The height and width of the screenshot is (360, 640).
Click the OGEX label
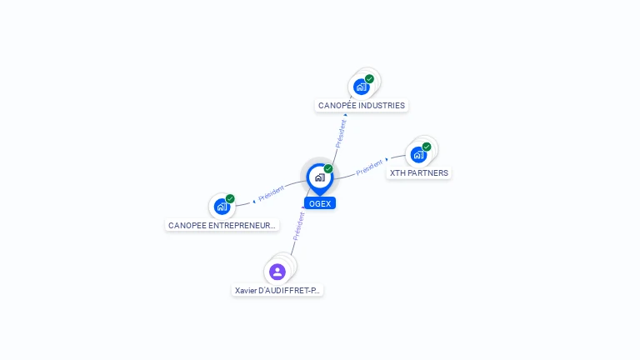tap(320, 203)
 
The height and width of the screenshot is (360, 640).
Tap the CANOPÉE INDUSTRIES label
tap(362, 105)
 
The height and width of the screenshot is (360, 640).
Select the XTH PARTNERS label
tap(419, 173)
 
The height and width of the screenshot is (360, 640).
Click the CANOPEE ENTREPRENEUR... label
tap(222, 225)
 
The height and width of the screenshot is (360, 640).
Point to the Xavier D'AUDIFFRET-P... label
tap(277, 290)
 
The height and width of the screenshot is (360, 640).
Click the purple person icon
tap(277, 272)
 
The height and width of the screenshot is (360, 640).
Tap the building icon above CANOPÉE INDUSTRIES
tap(361, 87)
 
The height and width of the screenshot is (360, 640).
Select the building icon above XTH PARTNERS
tap(418, 155)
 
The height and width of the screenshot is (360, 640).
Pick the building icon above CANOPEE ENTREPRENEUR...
tap(222, 207)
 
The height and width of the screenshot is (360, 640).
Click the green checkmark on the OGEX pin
tap(328, 168)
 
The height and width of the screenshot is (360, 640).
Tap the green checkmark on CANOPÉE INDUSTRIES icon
tap(369, 79)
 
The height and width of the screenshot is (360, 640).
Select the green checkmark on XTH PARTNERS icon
tap(427, 147)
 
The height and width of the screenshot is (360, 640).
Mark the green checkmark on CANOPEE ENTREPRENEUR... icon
tap(230, 199)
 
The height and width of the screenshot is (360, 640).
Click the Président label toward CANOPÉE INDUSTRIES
tap(341, 133)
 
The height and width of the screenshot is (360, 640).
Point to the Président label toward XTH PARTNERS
tap(369, 167)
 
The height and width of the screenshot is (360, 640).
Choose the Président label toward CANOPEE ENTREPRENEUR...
tap(272, 193)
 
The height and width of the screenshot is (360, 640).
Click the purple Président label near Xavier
tap(299, 226)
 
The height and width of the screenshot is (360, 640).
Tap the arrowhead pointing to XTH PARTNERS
tap(387, 160)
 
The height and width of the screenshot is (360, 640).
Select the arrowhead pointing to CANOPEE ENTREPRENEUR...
tap(254, 202)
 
